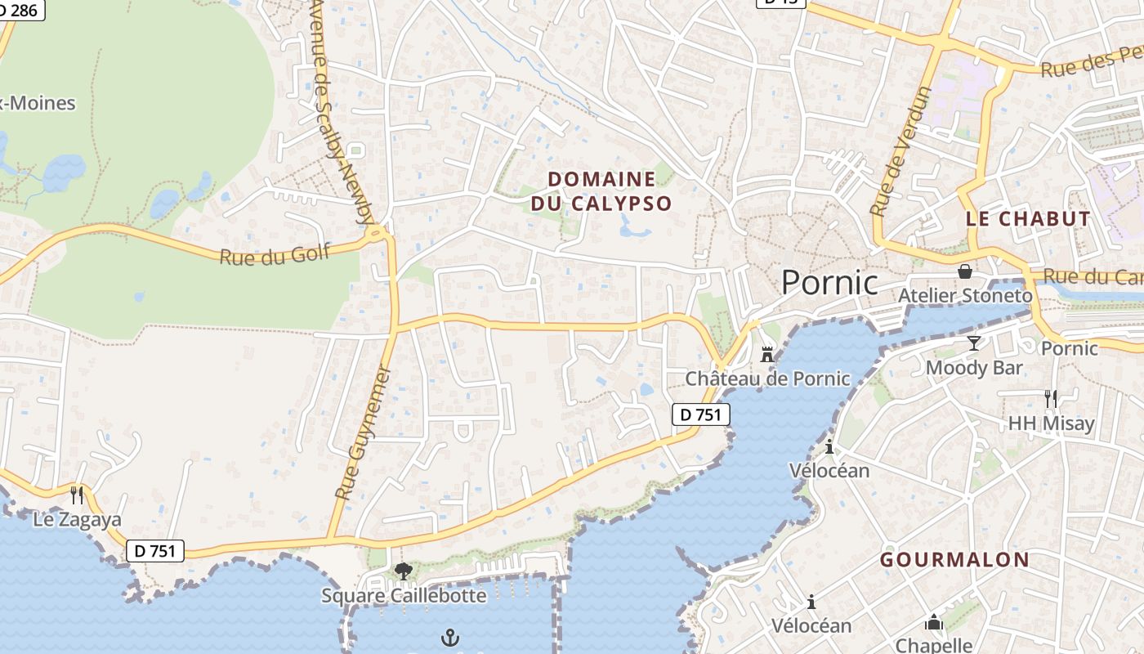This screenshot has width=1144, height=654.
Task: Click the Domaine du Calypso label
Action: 601,191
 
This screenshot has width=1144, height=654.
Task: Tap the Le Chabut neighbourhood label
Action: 1028,219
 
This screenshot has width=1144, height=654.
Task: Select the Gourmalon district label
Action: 954,560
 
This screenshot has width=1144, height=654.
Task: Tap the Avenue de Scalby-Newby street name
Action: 343,110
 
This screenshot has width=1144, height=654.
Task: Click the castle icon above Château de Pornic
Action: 767,355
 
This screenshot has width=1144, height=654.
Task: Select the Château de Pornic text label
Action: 767,379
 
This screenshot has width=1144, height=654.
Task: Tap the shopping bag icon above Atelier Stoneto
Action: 965,271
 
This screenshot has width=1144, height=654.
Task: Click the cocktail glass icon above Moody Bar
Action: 973,343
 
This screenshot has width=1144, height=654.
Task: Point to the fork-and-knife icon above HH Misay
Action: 1050,399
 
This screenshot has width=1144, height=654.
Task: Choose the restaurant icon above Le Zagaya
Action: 77,495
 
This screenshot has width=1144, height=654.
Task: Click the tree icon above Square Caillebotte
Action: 403,571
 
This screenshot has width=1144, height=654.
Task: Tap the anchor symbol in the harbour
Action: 450,638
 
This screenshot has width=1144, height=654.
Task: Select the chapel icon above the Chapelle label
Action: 934,623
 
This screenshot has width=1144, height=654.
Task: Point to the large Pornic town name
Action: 829,282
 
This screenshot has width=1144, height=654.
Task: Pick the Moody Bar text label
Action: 974,368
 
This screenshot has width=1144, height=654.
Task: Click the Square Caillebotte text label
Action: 404,595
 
